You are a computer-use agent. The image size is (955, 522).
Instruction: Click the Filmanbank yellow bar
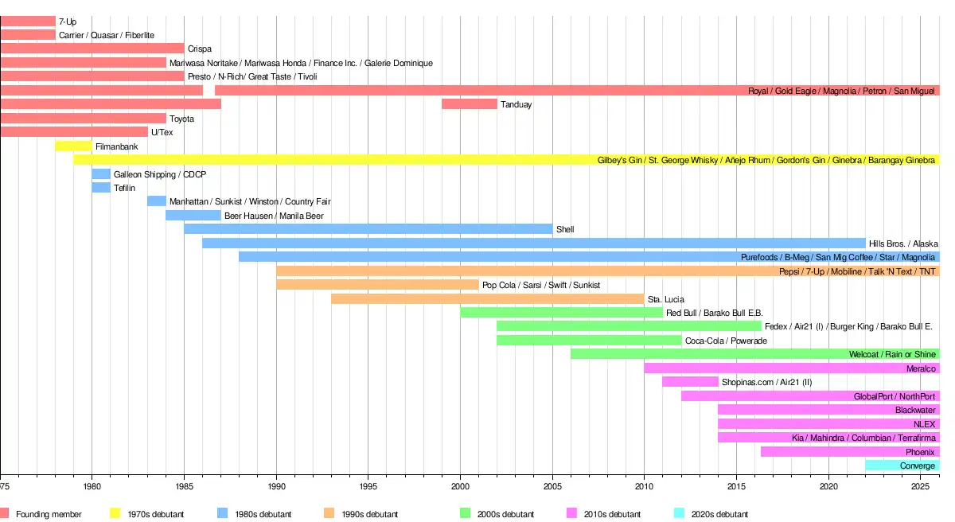(73, 146)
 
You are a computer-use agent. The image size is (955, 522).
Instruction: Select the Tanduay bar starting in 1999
(470, 104)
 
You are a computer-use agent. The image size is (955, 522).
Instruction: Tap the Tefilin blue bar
(101, 188)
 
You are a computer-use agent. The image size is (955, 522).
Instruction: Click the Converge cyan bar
(902, 466)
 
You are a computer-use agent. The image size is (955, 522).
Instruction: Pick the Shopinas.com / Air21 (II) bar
(690, 382)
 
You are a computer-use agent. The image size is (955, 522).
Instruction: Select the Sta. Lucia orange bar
(488, 299)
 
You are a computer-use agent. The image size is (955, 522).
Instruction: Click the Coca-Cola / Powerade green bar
(589, 341)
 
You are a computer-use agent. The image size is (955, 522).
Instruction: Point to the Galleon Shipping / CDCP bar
(101, 174)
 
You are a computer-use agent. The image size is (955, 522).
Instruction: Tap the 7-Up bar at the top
(28, 21)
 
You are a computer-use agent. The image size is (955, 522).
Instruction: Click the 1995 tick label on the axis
(368, 486)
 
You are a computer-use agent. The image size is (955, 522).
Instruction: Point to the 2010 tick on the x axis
(645, 486)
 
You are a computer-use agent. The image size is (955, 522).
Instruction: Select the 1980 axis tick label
(92, 486)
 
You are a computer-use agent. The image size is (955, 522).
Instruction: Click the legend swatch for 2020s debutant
(679, 514)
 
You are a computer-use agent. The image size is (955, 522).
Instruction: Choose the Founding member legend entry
(49, 514)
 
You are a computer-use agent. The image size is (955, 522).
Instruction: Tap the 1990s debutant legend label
(370, 514)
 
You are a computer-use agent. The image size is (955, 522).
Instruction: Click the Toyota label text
(181, 119)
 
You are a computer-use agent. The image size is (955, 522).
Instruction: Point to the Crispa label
(200, 49)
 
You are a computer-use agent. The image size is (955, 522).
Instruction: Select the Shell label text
(565, 230)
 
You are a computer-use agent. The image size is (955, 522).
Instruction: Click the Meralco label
(921, 368)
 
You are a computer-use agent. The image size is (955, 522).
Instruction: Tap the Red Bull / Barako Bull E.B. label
(715, 314)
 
